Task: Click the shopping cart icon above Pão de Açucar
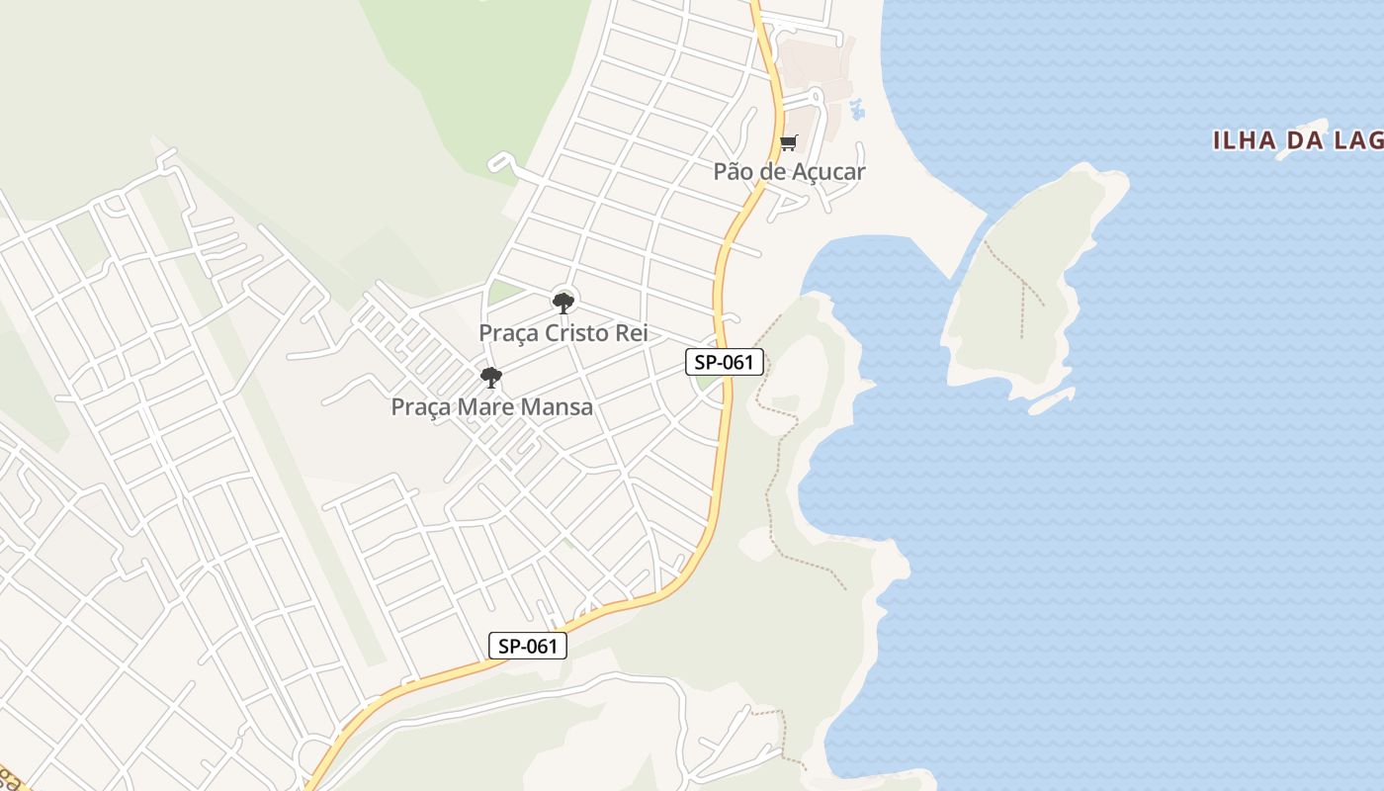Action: [x=788, y=143]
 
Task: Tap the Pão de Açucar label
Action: [x=789, y=171]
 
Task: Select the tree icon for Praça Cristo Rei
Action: [x=563, y=303]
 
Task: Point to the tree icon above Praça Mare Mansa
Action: [x=490, y=378]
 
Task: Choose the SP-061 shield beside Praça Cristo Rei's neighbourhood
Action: [x=725, y=362]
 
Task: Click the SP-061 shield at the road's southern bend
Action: [x=528, y=647]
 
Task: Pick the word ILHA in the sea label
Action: [x=1243, y=141]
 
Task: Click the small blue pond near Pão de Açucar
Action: [x=856, y=109]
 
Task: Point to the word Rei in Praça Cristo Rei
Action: [x=632, y=333]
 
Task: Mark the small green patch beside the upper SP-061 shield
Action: [x=705, y=381]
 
